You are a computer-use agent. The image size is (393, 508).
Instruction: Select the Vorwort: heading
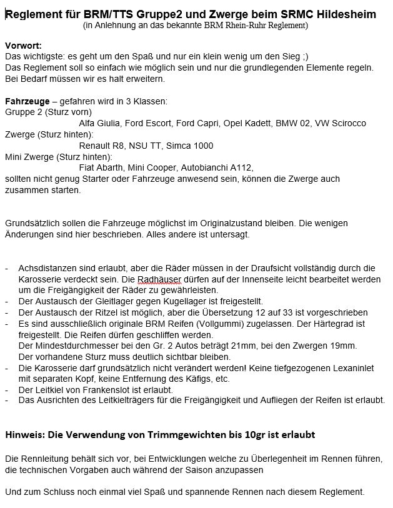coord(24,46)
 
